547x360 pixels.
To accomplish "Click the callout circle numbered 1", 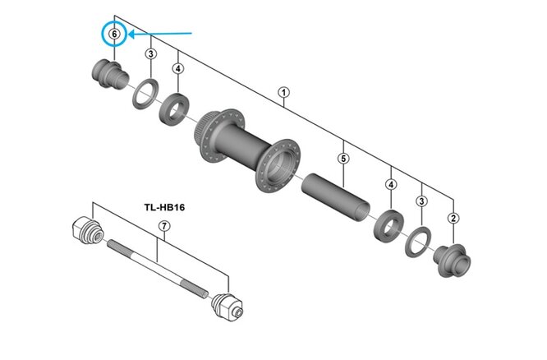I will click(x=284, y=93).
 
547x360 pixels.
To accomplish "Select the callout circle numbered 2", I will click(x=454, y=218).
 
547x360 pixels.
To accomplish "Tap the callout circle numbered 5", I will click(x=344, y=157).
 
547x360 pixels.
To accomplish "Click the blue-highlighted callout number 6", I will click(x=115, y=35).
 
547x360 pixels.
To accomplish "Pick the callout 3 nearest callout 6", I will click(x=150, y=54).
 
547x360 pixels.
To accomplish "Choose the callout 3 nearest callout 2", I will click(x=422, y=201).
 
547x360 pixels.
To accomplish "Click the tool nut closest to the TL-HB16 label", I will click(x=86, y=231).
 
